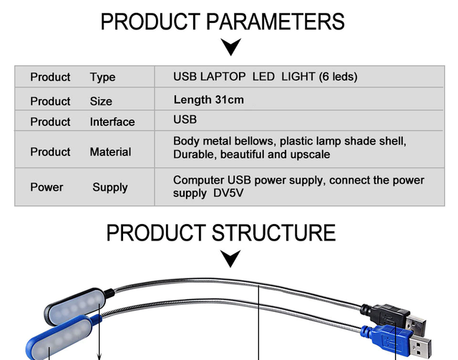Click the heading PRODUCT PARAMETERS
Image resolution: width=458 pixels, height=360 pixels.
pos(223,21)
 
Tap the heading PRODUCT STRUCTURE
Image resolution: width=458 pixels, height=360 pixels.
pos(221,233)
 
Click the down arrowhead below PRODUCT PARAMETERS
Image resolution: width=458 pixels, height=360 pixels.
pos(230,48)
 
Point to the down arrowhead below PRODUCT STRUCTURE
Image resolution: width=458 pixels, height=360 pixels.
pos(230,258)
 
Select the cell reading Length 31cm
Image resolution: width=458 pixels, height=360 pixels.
pos(208,99)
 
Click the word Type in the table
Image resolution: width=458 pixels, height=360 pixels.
pos(102,77)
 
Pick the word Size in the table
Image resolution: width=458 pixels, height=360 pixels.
pos(101,102)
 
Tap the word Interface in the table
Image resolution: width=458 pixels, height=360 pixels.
pos(112,122)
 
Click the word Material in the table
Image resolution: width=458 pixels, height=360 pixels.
pos(110,152)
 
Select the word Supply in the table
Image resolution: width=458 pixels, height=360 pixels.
pos(109,188)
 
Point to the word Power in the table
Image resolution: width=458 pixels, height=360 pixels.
pos(47,188)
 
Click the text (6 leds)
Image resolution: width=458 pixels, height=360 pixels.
pos(338,77)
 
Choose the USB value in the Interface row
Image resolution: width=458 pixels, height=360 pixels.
pos(185,120)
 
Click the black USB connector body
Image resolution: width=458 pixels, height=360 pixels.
pos(389,312)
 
